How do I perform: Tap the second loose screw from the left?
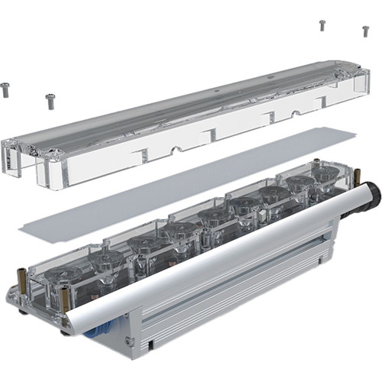(50, 99)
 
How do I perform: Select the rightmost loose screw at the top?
(365, 31)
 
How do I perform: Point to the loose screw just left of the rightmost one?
(322, 25)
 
